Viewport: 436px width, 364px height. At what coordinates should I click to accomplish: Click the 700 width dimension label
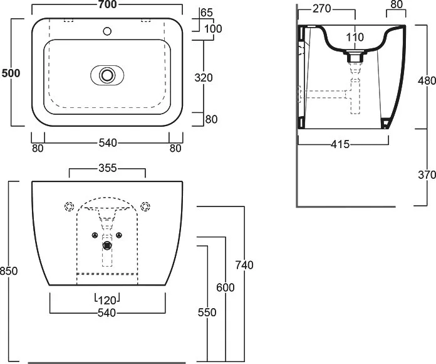click(108, 4)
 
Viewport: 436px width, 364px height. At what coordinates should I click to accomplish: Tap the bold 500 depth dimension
click(11, 73)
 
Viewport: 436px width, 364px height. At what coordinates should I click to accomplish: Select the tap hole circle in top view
click(107, 31)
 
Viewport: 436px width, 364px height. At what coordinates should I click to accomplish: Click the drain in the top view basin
click(107, 75)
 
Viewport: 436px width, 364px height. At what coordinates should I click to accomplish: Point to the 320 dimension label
click(204, 78)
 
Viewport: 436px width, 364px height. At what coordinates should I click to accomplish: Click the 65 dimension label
click(207, 13)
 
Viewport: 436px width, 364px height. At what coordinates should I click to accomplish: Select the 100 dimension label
click(213, 29)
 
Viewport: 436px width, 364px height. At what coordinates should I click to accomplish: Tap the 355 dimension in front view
click(108, 168)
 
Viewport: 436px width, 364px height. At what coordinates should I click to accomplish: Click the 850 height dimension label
click(9, 270)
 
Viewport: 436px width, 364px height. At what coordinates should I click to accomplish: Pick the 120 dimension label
click(107, 300)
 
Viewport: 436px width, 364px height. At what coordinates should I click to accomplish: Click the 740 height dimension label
click(244, 265)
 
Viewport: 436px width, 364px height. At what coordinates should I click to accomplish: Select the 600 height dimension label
click(226, 287)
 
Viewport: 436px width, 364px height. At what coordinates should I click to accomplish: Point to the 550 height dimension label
click(207, 313)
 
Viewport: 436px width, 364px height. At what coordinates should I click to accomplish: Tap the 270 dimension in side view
click(322, 9)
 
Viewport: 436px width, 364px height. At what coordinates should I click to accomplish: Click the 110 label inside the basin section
click(355, 37)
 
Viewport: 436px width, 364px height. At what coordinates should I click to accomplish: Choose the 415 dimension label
click(340, 144)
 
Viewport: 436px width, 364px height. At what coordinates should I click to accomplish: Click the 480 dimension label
click(427, 81)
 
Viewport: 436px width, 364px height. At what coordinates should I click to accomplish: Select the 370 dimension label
click(427, 175)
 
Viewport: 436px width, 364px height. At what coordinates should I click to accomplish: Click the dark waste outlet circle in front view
click(107, 245)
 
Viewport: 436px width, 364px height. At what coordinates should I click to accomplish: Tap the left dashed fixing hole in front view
click(70, 206)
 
